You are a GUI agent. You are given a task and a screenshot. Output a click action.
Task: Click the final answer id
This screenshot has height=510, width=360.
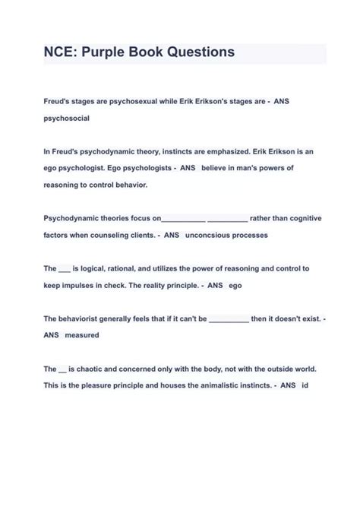tap(305, 385)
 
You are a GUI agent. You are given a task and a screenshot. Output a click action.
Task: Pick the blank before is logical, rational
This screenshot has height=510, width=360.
tap(64, 269)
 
